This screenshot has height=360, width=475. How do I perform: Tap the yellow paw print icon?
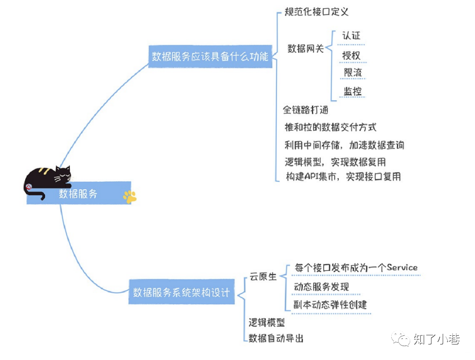click(x=130, y=196)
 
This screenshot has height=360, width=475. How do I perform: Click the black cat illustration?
click(x=48, y=179)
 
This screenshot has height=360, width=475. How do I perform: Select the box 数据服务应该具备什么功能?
click(x=210, y=57)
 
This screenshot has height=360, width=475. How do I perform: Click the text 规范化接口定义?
click(x=316, y=12)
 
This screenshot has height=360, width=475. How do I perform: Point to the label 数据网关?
click(x=306, y=48)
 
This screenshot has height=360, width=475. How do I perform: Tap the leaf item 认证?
click(x=351, y=36)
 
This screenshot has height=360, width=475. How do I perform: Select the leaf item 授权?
click(x=351, y=55)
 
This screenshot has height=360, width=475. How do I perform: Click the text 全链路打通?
click(x=306, y=110)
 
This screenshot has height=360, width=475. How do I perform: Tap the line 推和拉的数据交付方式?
click(x=330, y=127)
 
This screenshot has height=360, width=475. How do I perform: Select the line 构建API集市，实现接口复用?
click(x=343, y=177)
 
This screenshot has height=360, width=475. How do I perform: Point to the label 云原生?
click(x=263, y=276)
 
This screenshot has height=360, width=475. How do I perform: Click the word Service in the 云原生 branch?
click(x=402, y=267)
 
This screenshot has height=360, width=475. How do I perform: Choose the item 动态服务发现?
click(x=321, y=286)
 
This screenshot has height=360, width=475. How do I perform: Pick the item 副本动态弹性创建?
click(x=330, y=304)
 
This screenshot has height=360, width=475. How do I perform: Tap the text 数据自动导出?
click(x=276, y=338)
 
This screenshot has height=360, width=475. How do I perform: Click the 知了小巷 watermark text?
click(x=436, y=339)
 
